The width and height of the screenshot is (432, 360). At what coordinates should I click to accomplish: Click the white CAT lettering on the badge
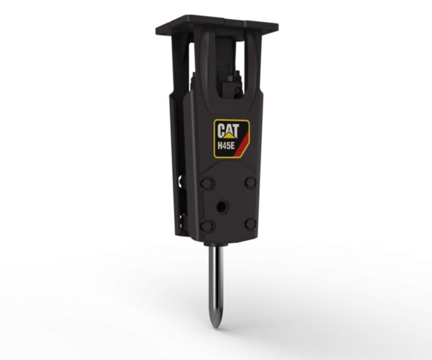(x=228, y=129)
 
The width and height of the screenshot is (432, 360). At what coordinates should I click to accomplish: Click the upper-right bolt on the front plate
(x=250, y=181)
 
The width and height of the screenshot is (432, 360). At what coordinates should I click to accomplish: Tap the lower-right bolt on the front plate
(x=250, y=223)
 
